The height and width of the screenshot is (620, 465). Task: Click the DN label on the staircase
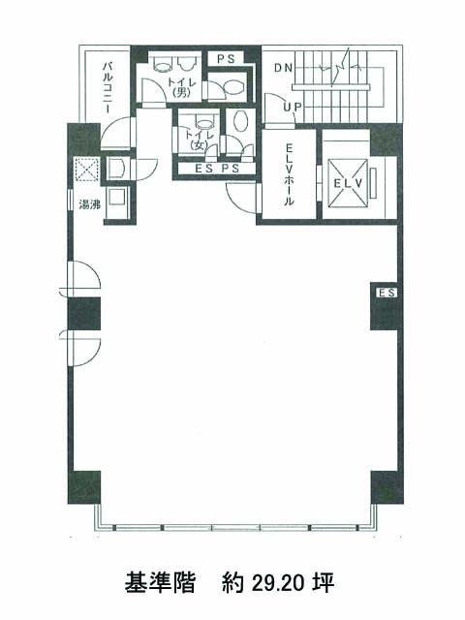click(x=283, y=68)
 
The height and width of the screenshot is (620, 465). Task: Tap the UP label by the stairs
click(x=293, y=107)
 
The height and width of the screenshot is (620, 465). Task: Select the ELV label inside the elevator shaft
click(x=348, y=183)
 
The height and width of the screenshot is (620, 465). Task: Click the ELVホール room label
click(x=290, y=174)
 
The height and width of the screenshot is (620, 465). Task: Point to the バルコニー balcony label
click(x=108, y=88)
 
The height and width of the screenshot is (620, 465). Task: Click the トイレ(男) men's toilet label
click(x=182, y=87)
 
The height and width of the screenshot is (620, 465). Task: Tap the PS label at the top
click(x=226, y=59)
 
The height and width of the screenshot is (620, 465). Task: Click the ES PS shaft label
click(x=217, y=169)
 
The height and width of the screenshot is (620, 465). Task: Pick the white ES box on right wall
click(x=387, y=293)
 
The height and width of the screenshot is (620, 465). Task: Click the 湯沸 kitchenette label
click(x=89, y=204)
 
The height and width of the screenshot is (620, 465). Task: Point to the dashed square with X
click(x=86, y=170)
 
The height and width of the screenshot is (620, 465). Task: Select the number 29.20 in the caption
click(x=277, y=583)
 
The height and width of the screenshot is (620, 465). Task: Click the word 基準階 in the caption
click(x=160, y=582)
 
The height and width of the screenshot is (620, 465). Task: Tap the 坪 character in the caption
click(x=325, y=582)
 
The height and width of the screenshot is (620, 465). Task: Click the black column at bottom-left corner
click(x=84, y=487)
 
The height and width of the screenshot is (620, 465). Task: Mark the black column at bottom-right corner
click(x=387, y=487)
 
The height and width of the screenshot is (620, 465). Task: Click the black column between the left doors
click(x=84, y=314)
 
